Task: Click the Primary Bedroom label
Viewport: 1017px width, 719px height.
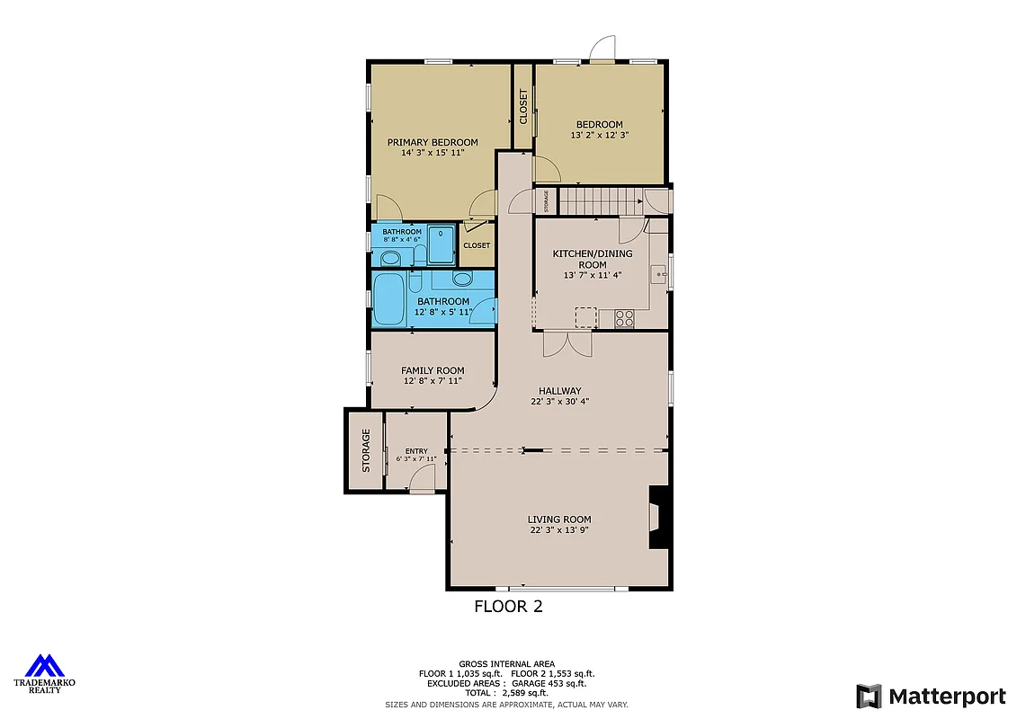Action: (x=433, y=142)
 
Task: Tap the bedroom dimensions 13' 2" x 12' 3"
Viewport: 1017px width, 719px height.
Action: (x=599, y=136)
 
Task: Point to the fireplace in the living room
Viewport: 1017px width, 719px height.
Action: (x=658, y=518)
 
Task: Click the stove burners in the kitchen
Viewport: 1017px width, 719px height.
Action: (x=624, y=317)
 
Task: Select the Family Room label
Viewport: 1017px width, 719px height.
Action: (x=433, y=370)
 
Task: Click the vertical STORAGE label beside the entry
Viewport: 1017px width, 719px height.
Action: (x=366, y=449)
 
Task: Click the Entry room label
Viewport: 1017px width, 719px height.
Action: (x=416, y=451)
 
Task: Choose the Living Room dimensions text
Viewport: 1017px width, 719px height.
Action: (x=558, y=530)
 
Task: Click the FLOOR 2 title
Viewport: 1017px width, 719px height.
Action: (x=508, y=607)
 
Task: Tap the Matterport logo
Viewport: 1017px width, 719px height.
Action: (x=931, y=696)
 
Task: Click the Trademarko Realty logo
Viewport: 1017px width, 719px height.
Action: (x=44, y=672)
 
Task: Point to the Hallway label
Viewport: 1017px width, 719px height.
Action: (x=559, y=391)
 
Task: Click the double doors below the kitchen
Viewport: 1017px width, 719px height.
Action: (x=567, y=342)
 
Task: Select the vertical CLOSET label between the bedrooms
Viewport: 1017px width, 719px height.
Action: (x=523, y=106)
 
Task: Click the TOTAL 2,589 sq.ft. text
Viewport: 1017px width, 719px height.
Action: (x=506, y=693)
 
